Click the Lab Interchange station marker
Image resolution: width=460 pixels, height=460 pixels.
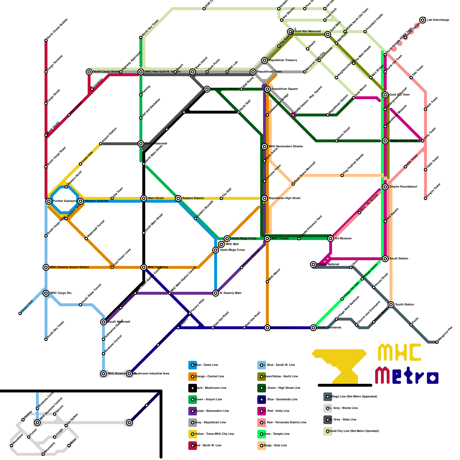[x=423, y=20]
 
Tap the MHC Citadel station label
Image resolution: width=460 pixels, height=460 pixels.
[x=280, y=238]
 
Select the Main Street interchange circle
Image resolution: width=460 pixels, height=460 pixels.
[x=144, y=198]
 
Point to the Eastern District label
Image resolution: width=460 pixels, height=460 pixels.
[x=193, y=198]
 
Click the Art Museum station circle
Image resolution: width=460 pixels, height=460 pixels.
[x=331, y=239]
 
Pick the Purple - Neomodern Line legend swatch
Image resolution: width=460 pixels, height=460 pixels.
[x=193, y=411]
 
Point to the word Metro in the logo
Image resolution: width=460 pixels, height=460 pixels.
[x=407, y=375]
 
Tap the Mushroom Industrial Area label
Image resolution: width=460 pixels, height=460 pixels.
[x=152, y=373]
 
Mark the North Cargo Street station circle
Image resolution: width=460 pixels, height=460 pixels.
[x=89, y=72]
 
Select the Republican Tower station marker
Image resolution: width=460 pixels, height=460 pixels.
[x=253, y=72]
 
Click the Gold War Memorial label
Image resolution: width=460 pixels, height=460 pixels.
[x=308, y=31]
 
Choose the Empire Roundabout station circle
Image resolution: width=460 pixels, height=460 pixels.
[x=385, y=187]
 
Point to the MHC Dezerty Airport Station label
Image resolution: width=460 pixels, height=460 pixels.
[x=70, y=267]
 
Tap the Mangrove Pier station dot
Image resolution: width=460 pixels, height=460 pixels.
[x=437, y=342]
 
